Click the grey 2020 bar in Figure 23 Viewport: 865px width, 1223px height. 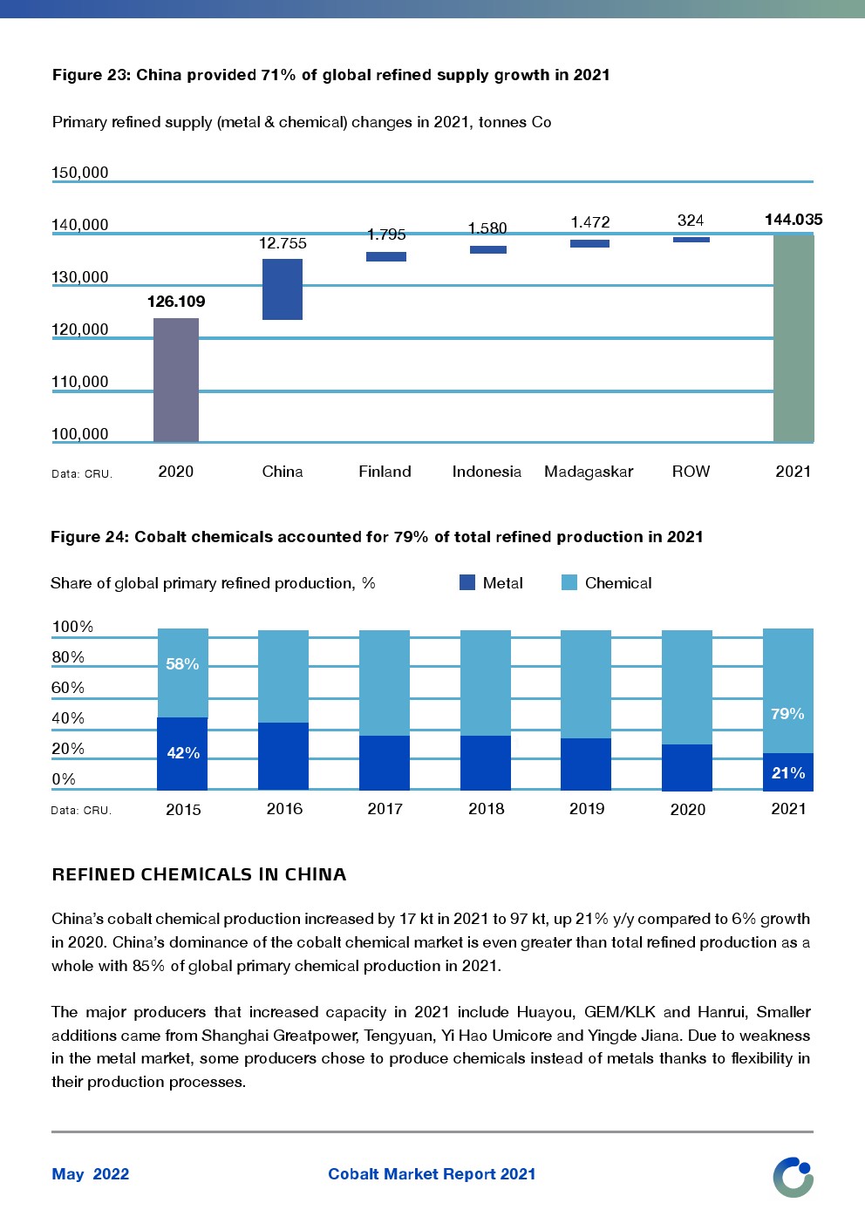point(176,380)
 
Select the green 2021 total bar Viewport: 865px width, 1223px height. point(793,338)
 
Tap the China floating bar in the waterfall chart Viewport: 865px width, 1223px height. point(283,289)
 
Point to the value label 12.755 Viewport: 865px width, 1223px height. point(283,243)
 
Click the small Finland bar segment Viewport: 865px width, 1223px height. point(385,256)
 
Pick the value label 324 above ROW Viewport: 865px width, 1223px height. point(691,221)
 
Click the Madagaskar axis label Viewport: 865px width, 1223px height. point(589,472)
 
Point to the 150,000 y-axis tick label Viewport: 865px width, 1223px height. point(80,173)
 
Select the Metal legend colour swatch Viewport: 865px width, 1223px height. point(467,582)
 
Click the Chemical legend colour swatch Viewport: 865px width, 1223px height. point(569,582)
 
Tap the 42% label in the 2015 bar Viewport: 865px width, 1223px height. point(183,753)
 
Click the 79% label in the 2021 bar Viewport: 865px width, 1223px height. point(787,714)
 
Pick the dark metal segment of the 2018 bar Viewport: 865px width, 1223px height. point(486,763)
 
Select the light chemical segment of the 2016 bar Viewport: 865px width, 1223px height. point(283,676)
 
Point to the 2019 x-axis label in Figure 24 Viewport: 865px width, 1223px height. point(587,809)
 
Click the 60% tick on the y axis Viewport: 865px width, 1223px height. point(68,688)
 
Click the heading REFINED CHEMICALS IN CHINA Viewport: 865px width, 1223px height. point(199,874)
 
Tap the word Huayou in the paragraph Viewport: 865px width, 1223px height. point(545,1012)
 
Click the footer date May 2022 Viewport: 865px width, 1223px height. point(91,1174)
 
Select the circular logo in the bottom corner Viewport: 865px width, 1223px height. point(793,1177)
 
